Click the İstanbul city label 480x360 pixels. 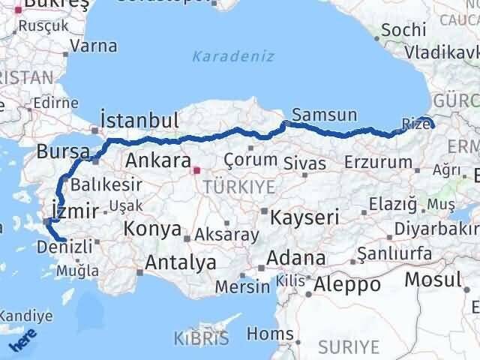(x=141, y=121)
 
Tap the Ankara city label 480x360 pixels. (x=158, y=160)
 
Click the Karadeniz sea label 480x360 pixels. (x=233, y=56)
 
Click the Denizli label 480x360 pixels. (x=70, y=245)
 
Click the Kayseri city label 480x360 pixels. (x=304, y=217)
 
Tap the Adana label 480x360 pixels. (x=299, y=259)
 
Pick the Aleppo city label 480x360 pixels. (x=347, y=284)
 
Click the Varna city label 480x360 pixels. (x=93, y=46)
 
